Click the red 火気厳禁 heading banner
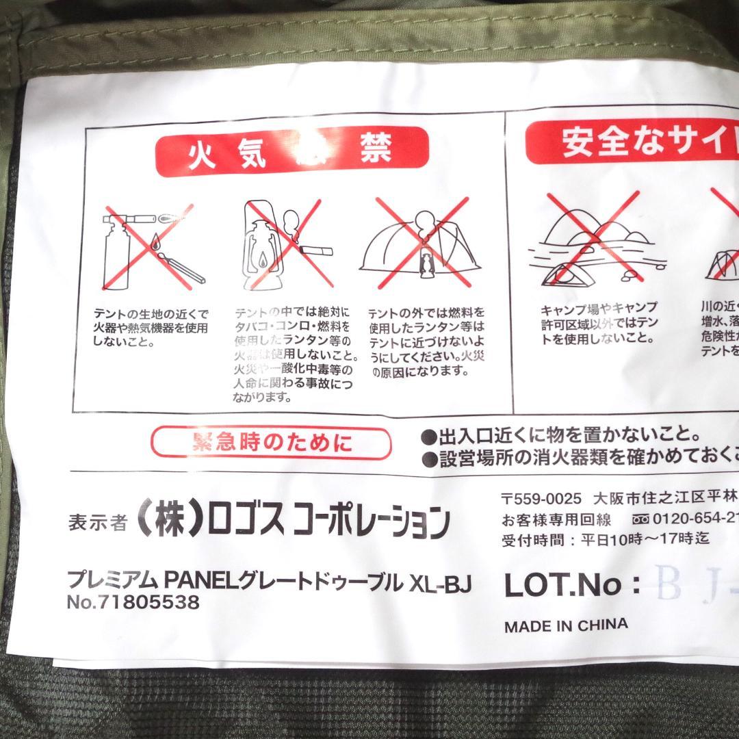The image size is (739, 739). point(292,150)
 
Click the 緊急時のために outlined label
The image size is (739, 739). point(272,443)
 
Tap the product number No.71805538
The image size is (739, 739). point(133,603)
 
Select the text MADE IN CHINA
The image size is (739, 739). point(566,625)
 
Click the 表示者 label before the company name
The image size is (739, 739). point(98,522)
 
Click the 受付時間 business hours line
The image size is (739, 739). point(606,539)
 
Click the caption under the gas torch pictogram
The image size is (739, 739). point(151,327)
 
